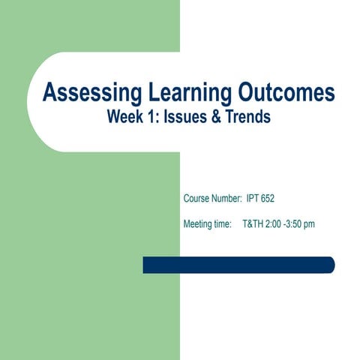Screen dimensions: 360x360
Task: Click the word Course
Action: coord(196,199)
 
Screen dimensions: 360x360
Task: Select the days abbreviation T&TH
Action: coord(255,223)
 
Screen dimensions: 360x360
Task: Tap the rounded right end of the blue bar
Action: coord(330,265)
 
